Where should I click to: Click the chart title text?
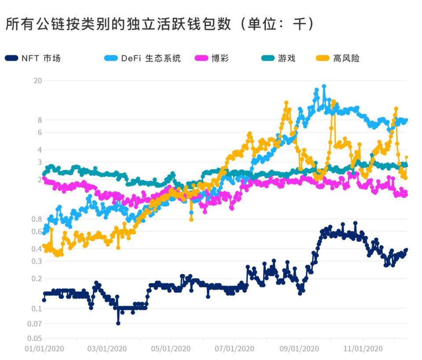pos(160,24)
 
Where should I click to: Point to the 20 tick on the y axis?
pos(37,80)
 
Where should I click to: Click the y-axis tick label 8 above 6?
pos(39,120)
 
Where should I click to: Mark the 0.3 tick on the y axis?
pos(36,261)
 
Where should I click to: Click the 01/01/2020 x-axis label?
pos(44,349)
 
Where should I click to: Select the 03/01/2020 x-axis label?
pos(108,349)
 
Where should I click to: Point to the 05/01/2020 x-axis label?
pos(171,349)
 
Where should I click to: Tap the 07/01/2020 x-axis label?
pos(235,349)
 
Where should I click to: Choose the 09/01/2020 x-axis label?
pos(299,349)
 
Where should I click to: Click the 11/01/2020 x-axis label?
pos(363,349)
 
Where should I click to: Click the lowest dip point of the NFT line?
pos(118,323)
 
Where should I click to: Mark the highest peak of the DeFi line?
pos(324,87)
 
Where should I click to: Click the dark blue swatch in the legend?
pos(12,58)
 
